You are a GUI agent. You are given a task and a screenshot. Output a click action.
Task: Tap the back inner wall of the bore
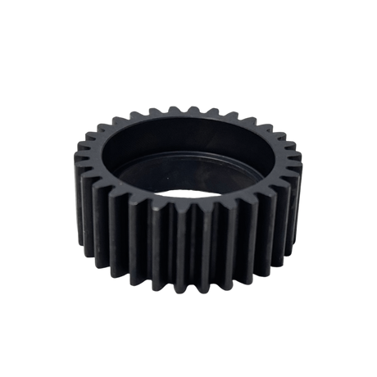(189, 139)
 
